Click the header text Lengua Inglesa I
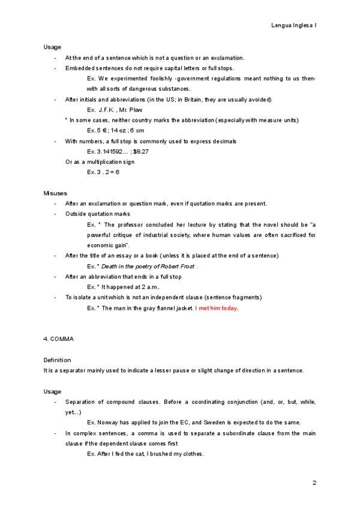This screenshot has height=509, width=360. coord(294,26)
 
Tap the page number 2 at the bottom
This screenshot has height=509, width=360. coord(314,483)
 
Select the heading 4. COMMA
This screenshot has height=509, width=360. coord(58,339)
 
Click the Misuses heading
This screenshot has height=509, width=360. coord(55,193)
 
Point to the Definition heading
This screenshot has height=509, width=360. coord(57,360)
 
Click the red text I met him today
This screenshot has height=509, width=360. coord(217,308)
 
